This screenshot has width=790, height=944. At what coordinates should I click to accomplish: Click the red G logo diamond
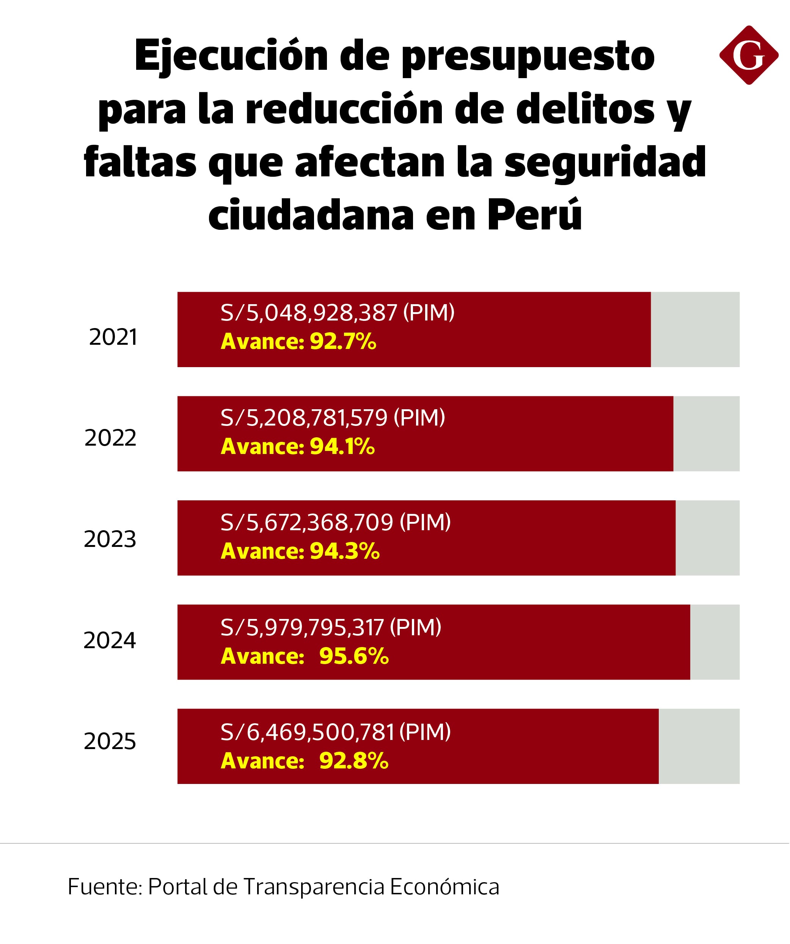tap(749, 55)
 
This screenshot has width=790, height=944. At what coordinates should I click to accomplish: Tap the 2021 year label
tap(113, 337)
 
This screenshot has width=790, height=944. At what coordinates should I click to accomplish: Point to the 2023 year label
tap(110, 539)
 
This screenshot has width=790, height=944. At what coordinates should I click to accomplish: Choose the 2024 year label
tap(110, 640)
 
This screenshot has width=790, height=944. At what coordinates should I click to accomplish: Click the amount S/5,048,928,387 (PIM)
tap(337, 313)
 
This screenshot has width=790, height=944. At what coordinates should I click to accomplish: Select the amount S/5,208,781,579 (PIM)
tap(333, 418)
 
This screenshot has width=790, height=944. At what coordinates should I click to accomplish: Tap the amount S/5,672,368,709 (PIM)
tap(335, 522)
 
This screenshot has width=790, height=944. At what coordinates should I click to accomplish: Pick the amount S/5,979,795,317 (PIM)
tap(331, 627)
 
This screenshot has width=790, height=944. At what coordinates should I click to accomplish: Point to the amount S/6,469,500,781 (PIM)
tap(335, 732)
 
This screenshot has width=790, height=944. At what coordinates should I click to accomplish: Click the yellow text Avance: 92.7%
tap(298, 342)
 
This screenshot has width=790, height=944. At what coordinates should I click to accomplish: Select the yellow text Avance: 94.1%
tap(298, 447)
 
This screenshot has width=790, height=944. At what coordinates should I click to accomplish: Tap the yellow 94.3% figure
tap(345, 551)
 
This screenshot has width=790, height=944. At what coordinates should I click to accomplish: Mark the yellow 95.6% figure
tap(354, 656)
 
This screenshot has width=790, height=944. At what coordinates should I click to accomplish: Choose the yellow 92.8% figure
tap(354, 761)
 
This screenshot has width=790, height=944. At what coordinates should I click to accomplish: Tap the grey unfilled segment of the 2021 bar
tap(695, 330)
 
